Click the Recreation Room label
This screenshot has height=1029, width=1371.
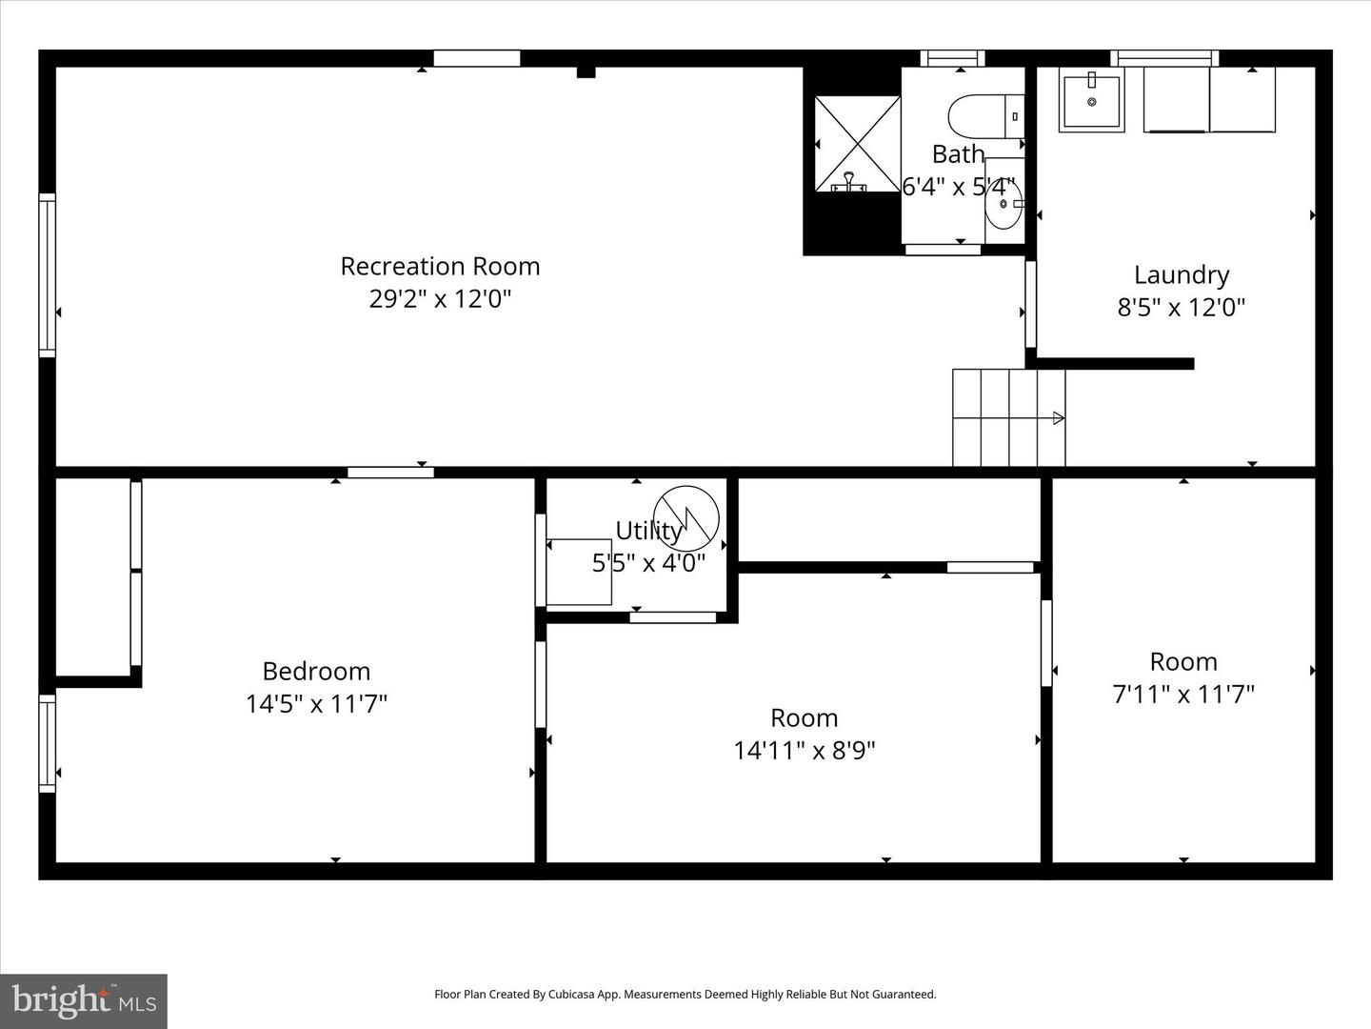(x=440, y=266)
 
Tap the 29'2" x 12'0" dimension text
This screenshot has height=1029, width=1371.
(x=440, y=299)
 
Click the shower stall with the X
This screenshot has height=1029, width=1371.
(x=858, y=144)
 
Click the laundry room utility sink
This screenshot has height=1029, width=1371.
(x=1091, y=101)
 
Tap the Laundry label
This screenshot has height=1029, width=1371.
(x=1182, y=274)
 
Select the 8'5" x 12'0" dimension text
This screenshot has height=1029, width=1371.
(x=1182, y=308)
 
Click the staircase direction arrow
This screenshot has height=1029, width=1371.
(x=1057, y=417)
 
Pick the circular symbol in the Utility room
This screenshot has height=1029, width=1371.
(x=685, y=518)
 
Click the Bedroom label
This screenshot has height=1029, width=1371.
(x=316, y=671)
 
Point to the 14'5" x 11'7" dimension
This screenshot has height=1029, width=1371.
(x=316, y=704)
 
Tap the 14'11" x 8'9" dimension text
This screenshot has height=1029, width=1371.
(x=805, y=751)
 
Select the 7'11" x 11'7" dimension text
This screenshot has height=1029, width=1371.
(x=1183, y=695)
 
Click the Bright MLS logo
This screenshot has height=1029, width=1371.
(x=84, y=1000)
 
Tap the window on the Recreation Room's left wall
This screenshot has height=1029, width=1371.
(x=47, y=275)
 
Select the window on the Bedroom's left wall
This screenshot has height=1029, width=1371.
(x=47, y=743)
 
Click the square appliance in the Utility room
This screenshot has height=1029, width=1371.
(x=579, y=572)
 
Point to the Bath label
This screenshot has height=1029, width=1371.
(x=958, y=153)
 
